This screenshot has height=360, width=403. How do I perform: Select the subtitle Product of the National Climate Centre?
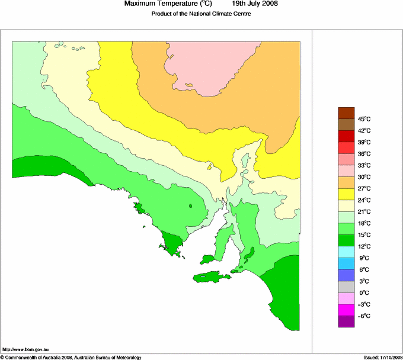pos(201,14)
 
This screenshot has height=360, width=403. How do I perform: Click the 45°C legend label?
pos(363,119)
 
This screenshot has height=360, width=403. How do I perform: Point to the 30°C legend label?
pos(363,177)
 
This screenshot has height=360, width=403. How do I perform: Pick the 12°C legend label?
pos(363,246)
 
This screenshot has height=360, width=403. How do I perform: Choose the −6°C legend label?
pos(363,316)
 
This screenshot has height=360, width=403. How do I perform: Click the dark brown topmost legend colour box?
pos(346,113)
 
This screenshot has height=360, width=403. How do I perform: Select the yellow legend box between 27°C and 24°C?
pos(346,194)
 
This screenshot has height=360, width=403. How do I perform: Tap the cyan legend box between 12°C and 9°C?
pos(346,252)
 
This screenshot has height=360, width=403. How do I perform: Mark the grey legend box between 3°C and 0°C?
pos(346,287)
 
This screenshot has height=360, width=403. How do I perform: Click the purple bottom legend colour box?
pos(346,322)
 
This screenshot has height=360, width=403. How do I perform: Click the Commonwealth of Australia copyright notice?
pos(71,357)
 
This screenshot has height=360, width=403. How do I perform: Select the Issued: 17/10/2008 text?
pos(383,357)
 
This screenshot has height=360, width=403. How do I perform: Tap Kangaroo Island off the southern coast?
pos(212,277)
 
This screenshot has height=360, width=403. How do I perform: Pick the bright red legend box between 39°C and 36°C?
pos(346,148)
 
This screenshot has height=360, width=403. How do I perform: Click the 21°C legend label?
pos(363,211)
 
